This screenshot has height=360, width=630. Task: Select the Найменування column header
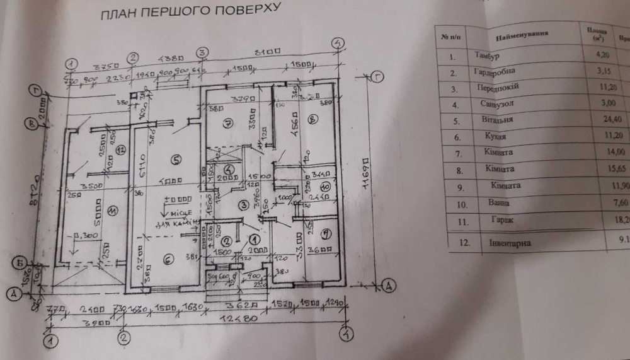[x=520, y=33]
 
